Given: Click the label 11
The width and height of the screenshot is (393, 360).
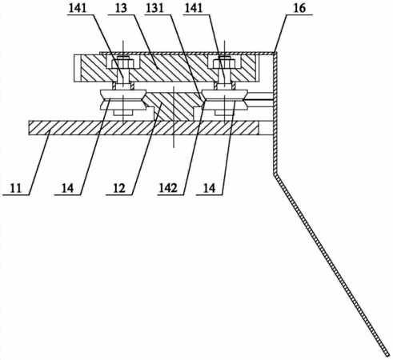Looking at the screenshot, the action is [x=16, y=189].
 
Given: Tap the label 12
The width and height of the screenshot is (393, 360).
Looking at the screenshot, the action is [x=119, y=189].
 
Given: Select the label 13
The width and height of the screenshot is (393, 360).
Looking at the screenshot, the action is [x=121, y=8].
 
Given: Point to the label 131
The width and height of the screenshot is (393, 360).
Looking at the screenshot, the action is [x=155, y=8].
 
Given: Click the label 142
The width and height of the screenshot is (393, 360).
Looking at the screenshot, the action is [x=168, y=189].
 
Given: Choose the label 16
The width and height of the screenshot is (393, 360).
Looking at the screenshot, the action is [x=299, y=8].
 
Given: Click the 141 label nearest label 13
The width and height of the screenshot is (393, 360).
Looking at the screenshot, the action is [x=78, y=8].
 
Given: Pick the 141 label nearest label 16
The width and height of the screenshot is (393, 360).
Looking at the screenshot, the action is [x=194, y=8].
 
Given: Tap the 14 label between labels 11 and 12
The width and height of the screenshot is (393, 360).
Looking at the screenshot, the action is [x=67, y=189].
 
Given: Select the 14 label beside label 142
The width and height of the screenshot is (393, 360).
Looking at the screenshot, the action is [x=209, y=189].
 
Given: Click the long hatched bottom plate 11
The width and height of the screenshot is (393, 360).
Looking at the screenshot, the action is [x=143, y=127].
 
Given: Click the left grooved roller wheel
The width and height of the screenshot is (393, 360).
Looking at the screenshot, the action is [x=123, y=100].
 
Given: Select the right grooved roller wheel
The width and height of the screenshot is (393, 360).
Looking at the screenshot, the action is [x=225, y=100].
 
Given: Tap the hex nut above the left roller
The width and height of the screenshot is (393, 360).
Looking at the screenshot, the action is [x=123, y=63].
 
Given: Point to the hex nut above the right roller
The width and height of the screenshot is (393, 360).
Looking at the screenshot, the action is [x=224, y=63].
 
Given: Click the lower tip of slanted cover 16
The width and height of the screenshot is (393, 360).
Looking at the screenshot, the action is [x=387, y=355].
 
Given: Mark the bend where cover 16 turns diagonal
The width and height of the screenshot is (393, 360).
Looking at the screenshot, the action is [x=275, y=174].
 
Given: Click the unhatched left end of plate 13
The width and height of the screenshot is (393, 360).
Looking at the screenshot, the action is [x=78, y=68].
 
